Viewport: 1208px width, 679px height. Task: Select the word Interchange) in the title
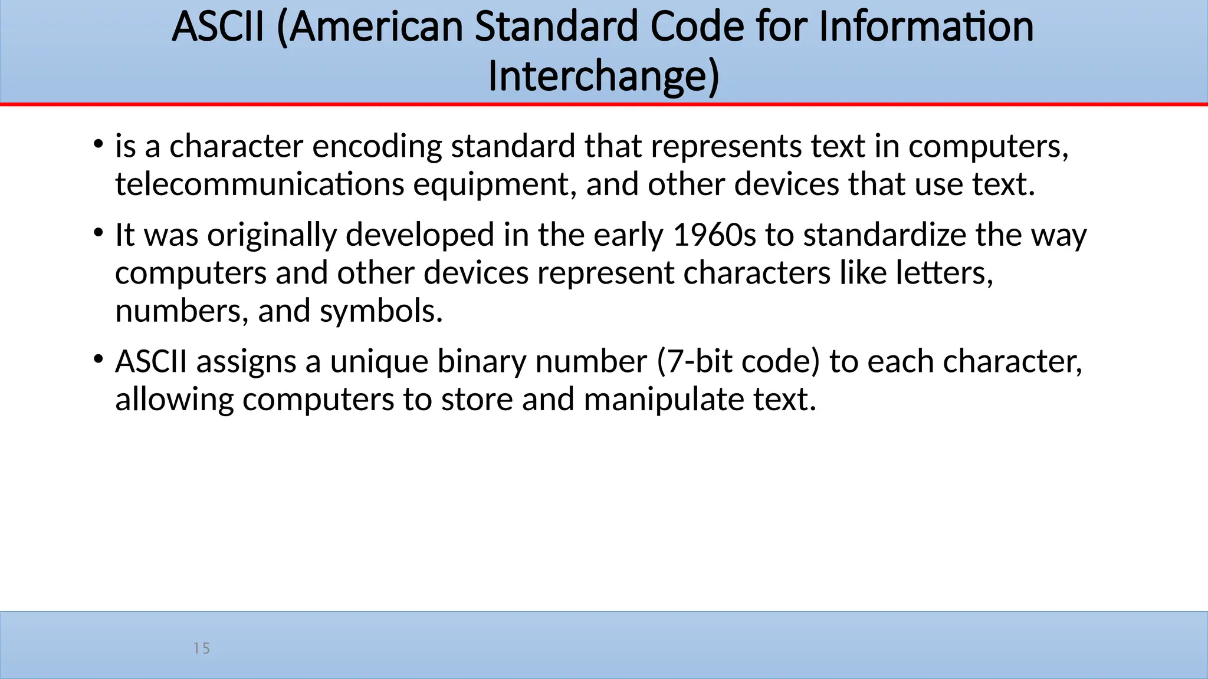[603, 77]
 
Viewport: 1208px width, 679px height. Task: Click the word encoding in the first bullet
[377, 146]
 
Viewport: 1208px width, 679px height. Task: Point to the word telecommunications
[260, 184]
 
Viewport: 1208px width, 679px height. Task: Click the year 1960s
[714, 235]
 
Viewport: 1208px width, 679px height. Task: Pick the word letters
[944, 273]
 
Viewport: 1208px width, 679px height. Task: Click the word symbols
[381, 311]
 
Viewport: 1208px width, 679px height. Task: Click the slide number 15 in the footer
[202, 648]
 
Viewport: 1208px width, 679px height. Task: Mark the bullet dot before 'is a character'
[99, 144]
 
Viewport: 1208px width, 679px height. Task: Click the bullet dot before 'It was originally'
[99, 232]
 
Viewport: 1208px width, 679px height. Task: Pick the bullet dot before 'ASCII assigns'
[99, 359]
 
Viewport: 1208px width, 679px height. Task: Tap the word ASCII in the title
[218, 27]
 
